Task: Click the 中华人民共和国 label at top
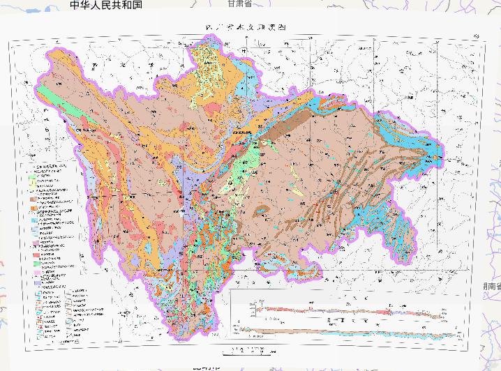106,5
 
